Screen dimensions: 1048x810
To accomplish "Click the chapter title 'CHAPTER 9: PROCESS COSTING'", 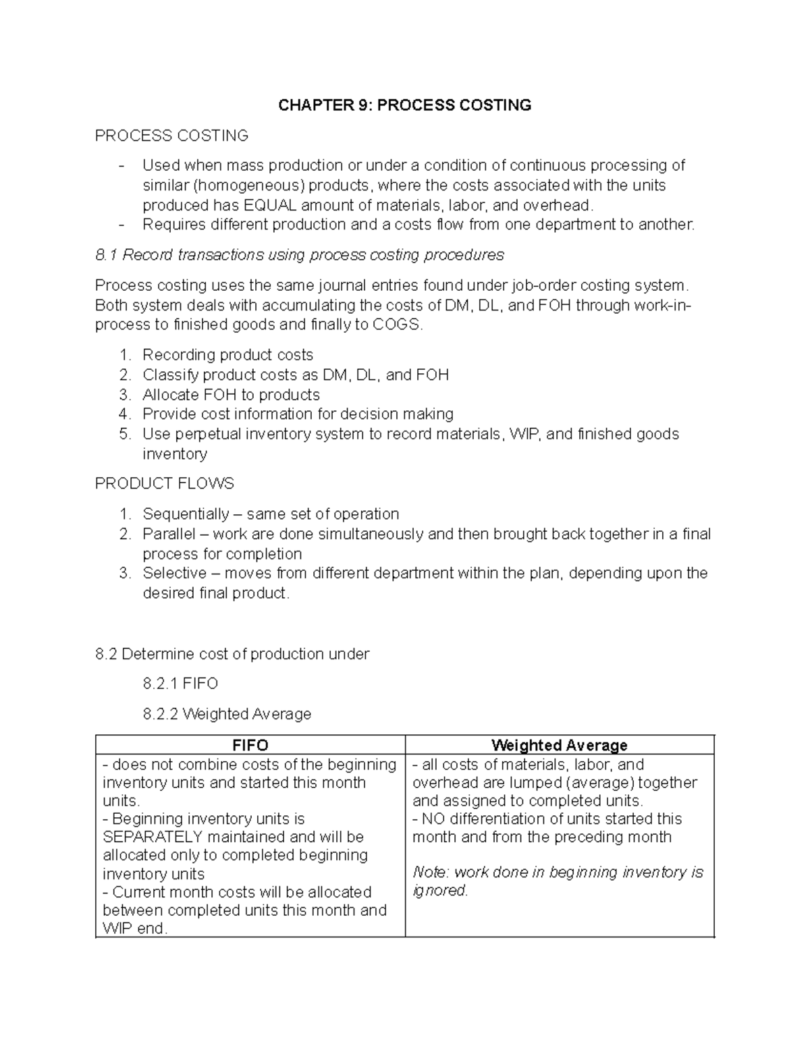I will tap(405, 105).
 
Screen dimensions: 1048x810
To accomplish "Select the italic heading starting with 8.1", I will tap(299, 255).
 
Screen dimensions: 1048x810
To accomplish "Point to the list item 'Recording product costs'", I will tap(227, 355).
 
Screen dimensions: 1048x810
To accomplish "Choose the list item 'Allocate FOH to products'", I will tap(231, 395).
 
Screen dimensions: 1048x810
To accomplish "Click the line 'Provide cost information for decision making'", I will tap(298, 414).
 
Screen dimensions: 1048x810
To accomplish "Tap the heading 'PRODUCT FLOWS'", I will tap(164, 484).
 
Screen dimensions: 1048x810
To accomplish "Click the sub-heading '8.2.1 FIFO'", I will tap(180, 684).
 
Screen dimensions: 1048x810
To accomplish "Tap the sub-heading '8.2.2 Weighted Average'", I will tap(227, 714).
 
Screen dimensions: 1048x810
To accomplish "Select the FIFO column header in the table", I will tap(250, 746).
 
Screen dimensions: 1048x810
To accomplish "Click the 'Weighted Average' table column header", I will tap(559, 746).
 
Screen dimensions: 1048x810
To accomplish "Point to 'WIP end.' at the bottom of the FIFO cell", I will tap(134, 929).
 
